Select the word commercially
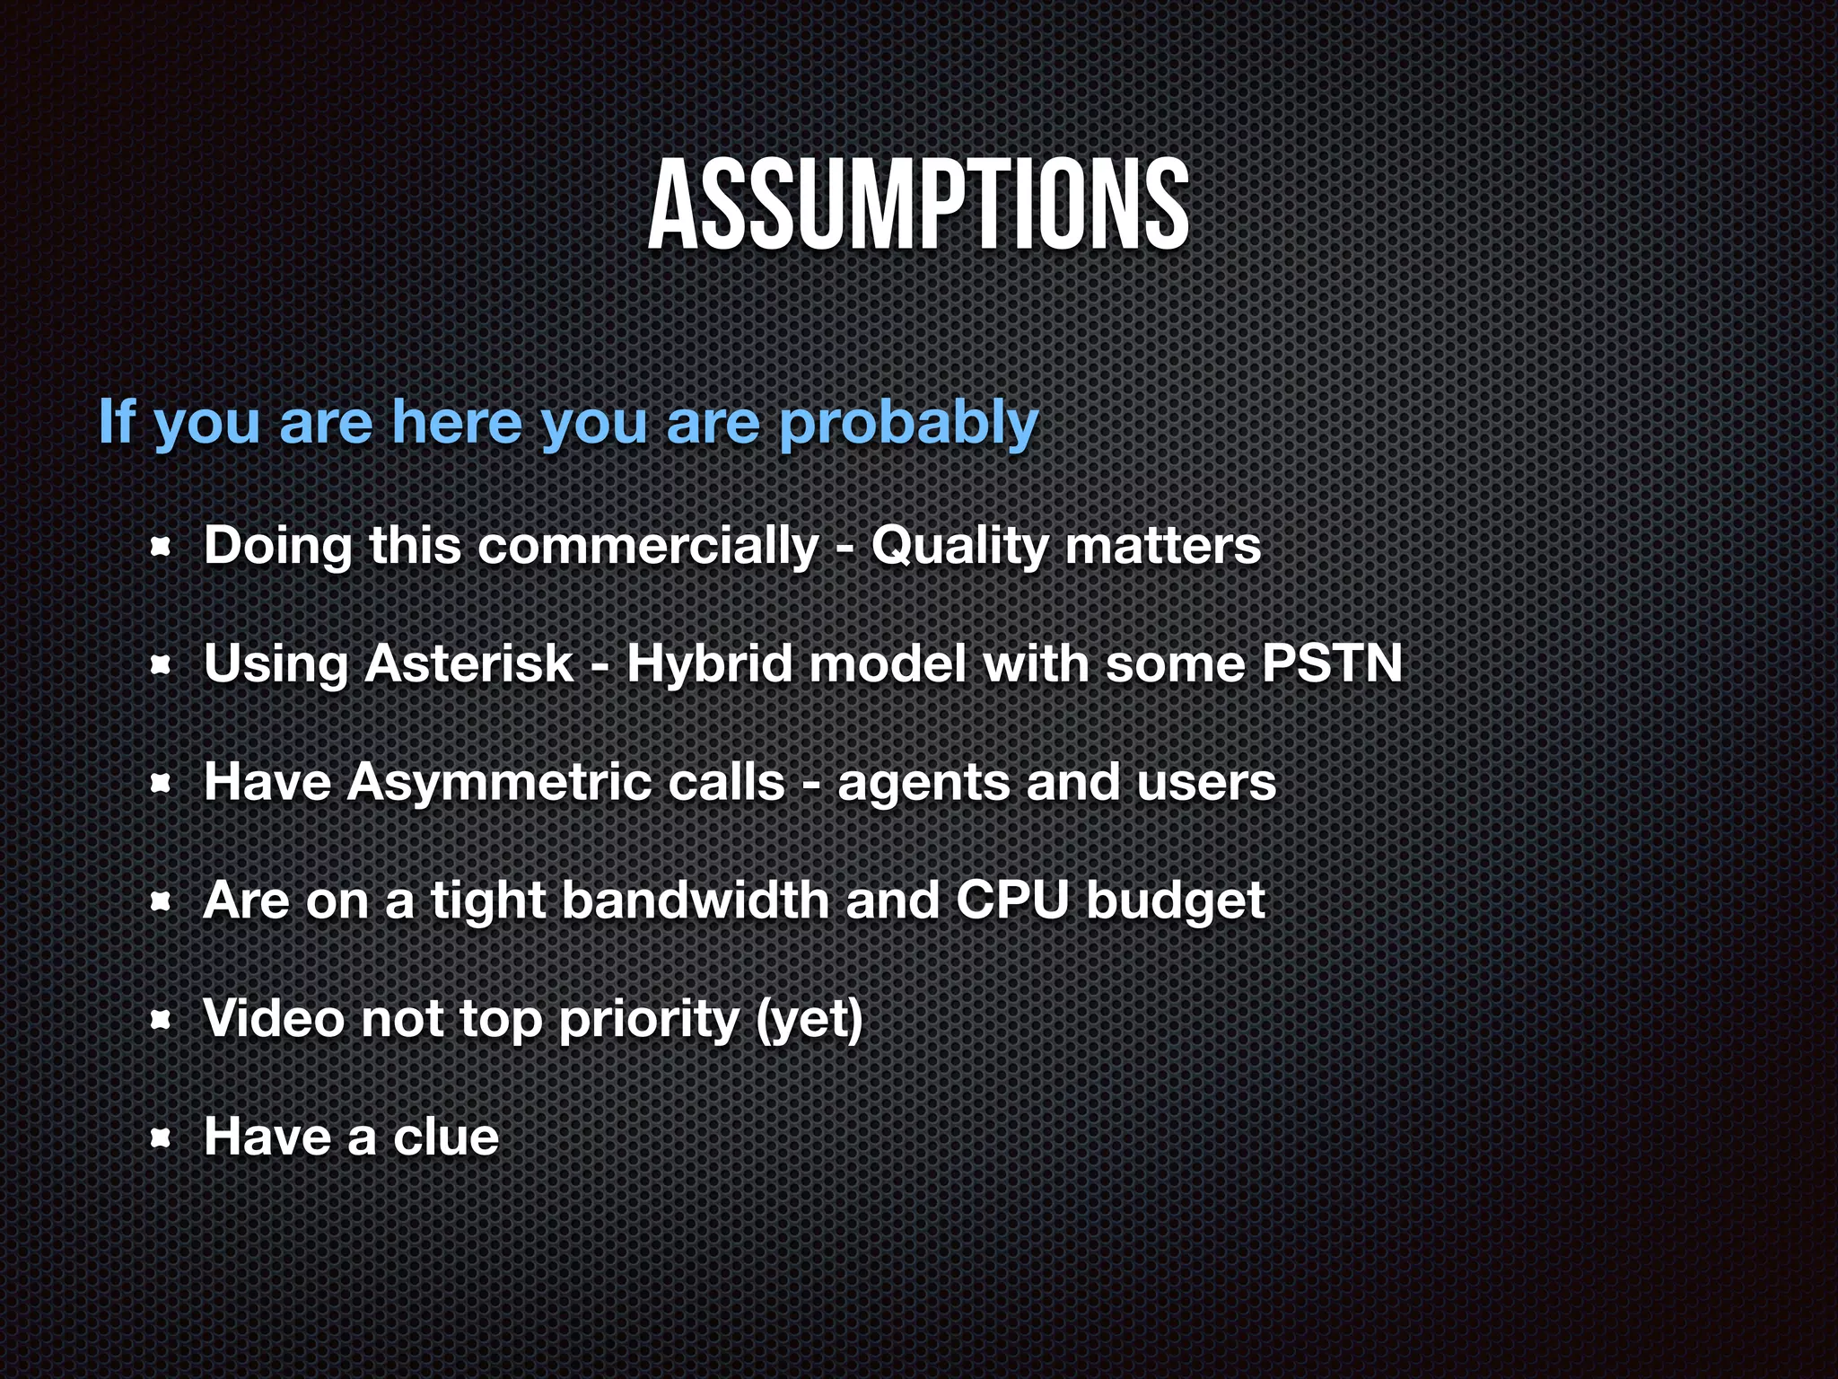[x=648, y=545]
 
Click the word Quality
[x=958, y=545]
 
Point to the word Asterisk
[x=468, y=663]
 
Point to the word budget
[x=1175, y=901]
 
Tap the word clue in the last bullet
[x=446, y=1137]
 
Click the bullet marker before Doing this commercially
[x=161, y=547]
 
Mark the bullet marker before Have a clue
[x=161, y=1138]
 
